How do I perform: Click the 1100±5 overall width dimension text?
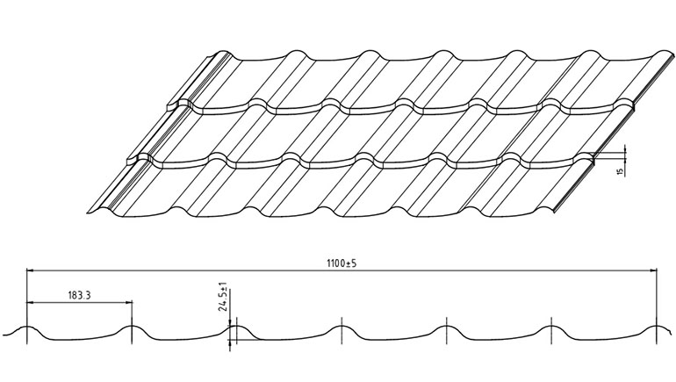coord(342,263)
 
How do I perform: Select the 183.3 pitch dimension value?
coord(79,295)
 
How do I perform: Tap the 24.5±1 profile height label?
coord(223,297)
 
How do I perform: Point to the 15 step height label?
coord(621,171)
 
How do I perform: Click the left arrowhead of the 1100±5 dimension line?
coord(30,270)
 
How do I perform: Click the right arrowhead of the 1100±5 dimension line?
coord(653,270)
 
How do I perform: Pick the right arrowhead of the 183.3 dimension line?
coord(129,302)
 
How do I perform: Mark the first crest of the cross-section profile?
coord(26,328)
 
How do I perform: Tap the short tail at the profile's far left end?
coord(7,334)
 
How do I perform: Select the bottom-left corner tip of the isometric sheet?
coord(89,213)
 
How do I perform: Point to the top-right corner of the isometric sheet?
coord(672,54)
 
